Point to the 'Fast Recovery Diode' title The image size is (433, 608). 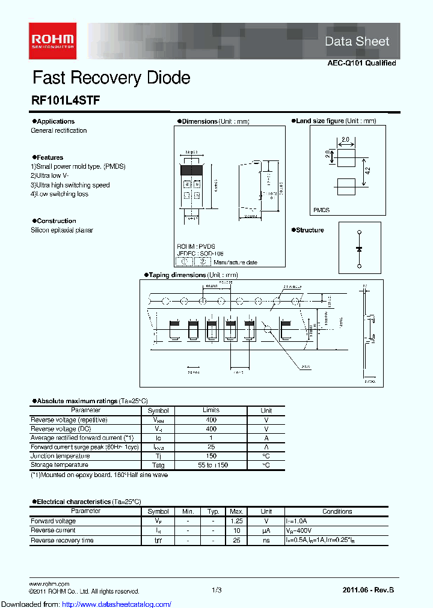(111, 78)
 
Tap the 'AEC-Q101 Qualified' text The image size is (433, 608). (361, 63)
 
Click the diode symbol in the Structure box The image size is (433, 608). (360, 248)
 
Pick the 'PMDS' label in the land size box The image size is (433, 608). (322, 210)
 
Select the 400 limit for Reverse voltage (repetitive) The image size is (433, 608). (210, 420)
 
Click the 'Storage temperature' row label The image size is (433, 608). (60, 465)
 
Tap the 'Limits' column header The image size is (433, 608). (210, 410)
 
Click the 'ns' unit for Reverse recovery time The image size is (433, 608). (266, 541)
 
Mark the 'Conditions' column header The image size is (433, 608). (337, 512)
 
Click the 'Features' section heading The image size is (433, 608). (49, 157)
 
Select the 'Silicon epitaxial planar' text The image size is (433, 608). (62, 230)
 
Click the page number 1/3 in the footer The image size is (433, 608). (216, 591)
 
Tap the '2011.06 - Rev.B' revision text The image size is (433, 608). (368, 591)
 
